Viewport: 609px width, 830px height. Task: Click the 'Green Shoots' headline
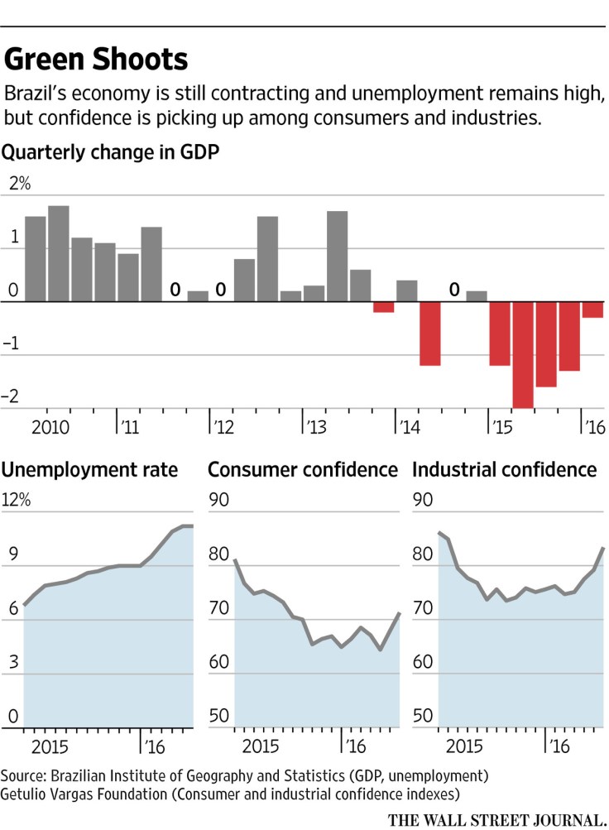97,60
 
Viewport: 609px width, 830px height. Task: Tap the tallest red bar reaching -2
523,355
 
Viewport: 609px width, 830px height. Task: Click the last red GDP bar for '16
592,310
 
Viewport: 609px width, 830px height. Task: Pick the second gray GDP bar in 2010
58,253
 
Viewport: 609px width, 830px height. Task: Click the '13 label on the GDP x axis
315,427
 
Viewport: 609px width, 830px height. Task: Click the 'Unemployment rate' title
90,470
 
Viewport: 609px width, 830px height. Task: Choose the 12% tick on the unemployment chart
17,501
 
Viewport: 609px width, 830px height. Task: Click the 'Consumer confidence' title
303,470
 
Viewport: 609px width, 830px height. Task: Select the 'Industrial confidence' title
505,470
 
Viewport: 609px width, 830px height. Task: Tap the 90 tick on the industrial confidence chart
422,501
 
